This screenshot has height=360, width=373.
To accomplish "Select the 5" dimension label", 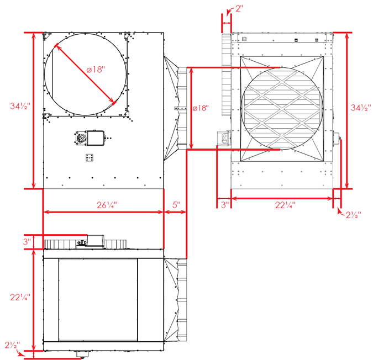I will pos(176,205).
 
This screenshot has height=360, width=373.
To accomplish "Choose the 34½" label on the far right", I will pos(361,108).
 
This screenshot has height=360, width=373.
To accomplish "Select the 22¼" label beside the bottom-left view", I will pos(20,297).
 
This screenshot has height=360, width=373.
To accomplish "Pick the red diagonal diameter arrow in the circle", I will pos(85,73).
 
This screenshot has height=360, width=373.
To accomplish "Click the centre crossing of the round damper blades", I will pos(282,108).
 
